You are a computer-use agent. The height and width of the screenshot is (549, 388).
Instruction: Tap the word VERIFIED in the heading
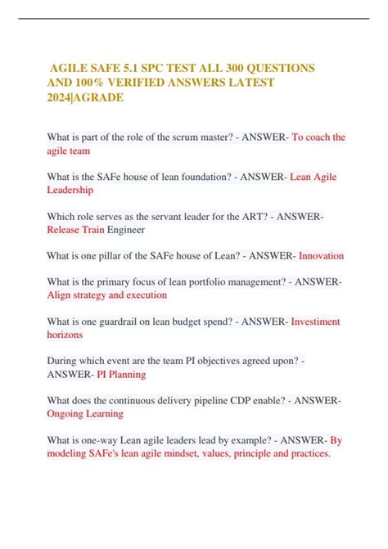point(168,83)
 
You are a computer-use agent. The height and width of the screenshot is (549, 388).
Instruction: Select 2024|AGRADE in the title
point(92,98)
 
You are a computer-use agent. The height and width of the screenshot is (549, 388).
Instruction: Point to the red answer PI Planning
point(121,375)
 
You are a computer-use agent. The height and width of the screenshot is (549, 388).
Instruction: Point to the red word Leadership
point(70,191)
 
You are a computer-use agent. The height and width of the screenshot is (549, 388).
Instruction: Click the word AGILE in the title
point(72,66)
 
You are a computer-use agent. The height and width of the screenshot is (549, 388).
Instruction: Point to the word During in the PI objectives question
point(65,361)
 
